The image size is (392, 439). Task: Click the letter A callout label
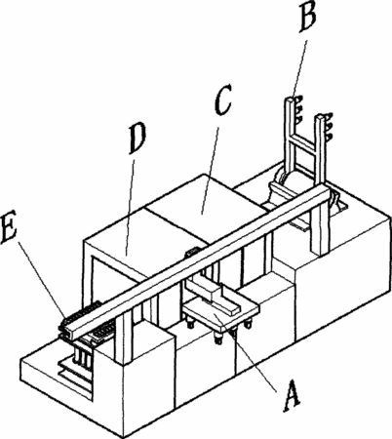292,395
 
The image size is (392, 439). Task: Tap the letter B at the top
307,17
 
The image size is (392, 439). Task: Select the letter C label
222,100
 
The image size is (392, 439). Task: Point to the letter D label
137,140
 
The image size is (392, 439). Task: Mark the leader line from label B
299,65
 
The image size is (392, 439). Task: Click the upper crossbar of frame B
304,142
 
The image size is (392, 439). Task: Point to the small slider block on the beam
192,252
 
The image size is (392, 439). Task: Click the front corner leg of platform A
218,338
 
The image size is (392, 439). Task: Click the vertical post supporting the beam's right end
319,227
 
